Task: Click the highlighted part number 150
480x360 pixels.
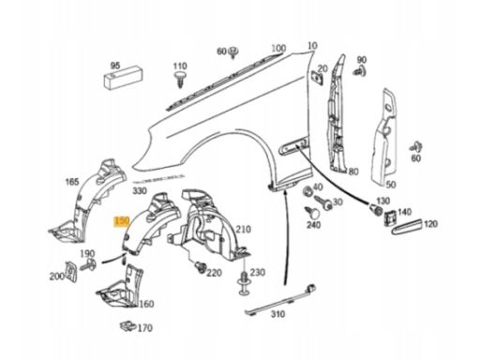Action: [122, 221]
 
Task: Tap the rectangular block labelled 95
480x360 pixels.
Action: [123, 79]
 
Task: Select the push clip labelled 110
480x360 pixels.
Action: [179, 80]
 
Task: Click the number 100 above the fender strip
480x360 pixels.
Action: [278, 48]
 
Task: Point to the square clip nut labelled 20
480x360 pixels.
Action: [316, 77]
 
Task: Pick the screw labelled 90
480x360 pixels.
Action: [360, 71]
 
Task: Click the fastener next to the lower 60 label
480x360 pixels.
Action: [416, 147]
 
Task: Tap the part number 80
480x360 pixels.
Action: [353, 172]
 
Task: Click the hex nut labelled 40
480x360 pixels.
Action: [307, 191]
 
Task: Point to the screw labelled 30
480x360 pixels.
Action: [323, 202]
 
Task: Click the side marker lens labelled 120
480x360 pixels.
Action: [408, 226]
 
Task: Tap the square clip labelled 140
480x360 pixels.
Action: [390, 217]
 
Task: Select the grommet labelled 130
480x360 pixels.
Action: [376, 209]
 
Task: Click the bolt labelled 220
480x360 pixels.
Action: [200, 267]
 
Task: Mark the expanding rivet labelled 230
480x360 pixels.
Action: [244, 282]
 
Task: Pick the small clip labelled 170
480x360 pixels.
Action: [128, 326]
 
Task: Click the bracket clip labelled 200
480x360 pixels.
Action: [71, 271]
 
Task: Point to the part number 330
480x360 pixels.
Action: [140, 190]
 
